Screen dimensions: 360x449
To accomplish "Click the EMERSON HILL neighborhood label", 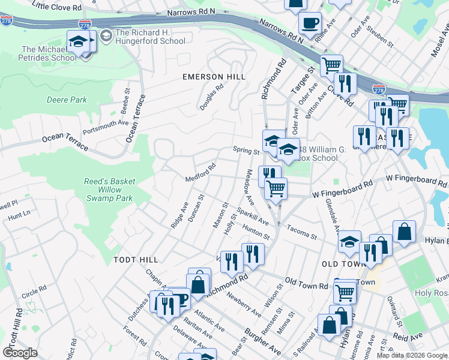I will [x=214, y=77].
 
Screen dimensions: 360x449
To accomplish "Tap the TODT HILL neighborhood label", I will [x=136, y=259].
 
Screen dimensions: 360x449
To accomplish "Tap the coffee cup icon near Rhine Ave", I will [x=310, y=24].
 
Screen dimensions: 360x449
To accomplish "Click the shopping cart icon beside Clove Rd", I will [x=331, y=65].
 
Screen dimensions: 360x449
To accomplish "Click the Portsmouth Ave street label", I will [x=106, y=128].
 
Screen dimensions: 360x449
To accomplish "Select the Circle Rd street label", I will [x=34, y=292].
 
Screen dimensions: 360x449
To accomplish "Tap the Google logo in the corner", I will [x=20, y=353].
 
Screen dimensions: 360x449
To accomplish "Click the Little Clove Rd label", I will [x=58, y=5].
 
